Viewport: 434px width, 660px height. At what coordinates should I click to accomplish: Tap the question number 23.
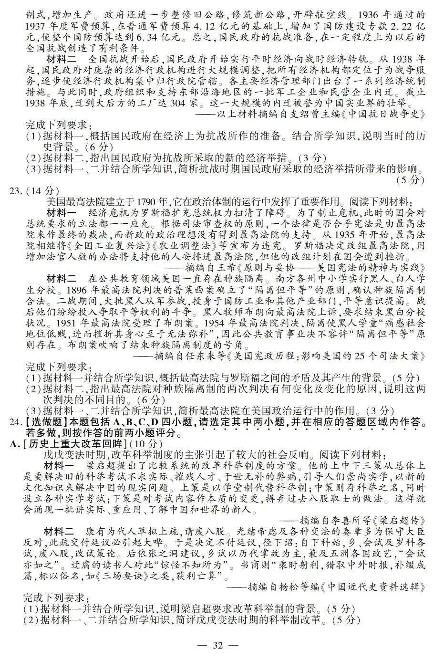pos(17,191)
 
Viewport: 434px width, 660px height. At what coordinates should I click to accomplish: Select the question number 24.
pos(17,422)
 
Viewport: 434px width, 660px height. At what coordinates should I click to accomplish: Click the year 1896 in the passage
pos(75,290)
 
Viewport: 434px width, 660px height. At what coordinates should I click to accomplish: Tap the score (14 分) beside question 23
pos(42,191)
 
